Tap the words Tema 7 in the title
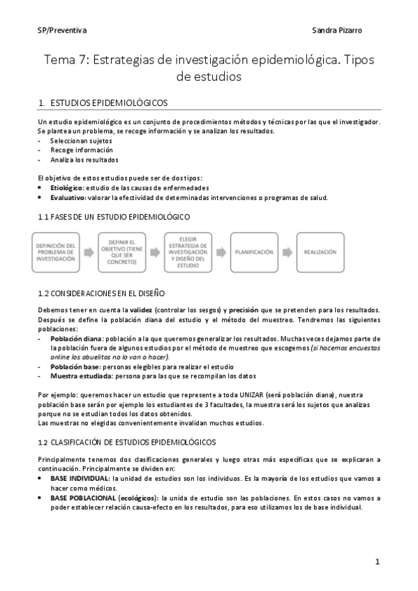(x=66, y=60)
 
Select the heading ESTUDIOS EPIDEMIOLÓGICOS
(x=109, y=103)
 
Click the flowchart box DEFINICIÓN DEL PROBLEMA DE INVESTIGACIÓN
(x=55, y=252)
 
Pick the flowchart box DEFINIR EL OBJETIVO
(x=122, y=252)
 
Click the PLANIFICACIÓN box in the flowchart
(x=254, y=252)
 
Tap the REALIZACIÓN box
(x=320, y=252)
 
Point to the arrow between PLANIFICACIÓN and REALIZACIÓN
(x=288, y=252)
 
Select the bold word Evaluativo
(x=68, y=197)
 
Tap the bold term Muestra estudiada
(x=79, y=375)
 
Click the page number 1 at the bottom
(x=377, y=561)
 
